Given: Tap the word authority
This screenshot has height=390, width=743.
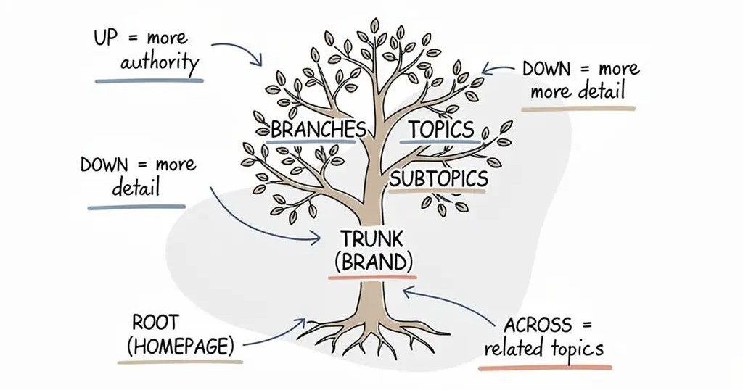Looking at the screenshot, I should (160, 62).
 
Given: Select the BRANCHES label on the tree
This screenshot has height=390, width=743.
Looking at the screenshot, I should (318, 130).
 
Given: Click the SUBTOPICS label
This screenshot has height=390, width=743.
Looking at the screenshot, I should (438, 179).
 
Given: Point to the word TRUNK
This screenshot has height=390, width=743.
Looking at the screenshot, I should (371, 238).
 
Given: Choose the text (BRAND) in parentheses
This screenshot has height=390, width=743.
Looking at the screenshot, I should (371, 261).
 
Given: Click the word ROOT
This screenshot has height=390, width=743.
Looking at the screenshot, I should (155, 322).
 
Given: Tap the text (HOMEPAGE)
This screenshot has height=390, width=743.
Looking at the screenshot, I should (181, 347).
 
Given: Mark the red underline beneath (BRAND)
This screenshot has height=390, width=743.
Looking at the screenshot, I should (371, 277).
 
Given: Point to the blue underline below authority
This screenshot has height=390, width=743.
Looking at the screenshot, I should (149, 80).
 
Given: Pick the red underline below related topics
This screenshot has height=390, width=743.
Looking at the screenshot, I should (544, 367).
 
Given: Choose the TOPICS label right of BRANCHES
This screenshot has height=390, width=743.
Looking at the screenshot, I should (441, 130).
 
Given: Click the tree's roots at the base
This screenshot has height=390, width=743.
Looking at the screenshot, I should (370, 333).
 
